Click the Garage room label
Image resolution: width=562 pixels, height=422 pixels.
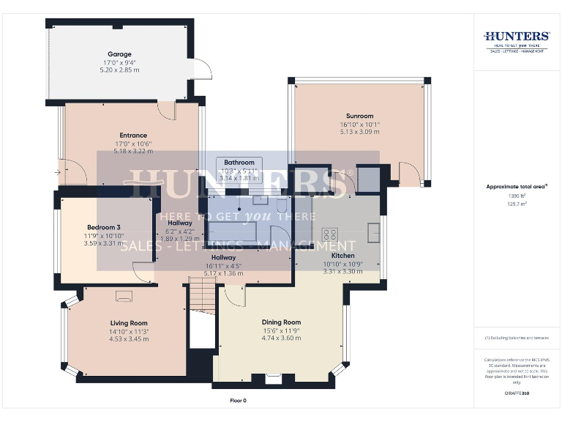click(x=119, y=54)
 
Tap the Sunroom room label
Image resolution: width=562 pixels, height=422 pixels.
click(x=359, y=116)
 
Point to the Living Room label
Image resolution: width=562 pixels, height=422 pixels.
click(x=129, y=323)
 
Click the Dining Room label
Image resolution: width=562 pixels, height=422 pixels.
click(x=281, y=322)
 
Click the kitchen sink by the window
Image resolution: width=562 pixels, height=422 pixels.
click(x=373, y=232)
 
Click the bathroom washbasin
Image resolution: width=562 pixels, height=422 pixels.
click(x=260, y=199)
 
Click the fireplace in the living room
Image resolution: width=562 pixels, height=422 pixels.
click(x=124, y=296)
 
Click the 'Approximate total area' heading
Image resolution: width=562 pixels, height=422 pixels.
click(x=516, y=187)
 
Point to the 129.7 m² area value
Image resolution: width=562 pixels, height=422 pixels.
click(x=516, y=204)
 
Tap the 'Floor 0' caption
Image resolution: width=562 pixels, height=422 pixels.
click(x=239, y=401)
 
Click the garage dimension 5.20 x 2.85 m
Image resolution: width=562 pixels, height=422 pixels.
click(x=119, y=70)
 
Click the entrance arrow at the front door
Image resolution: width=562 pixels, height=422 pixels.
click(x=57, y=172)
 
